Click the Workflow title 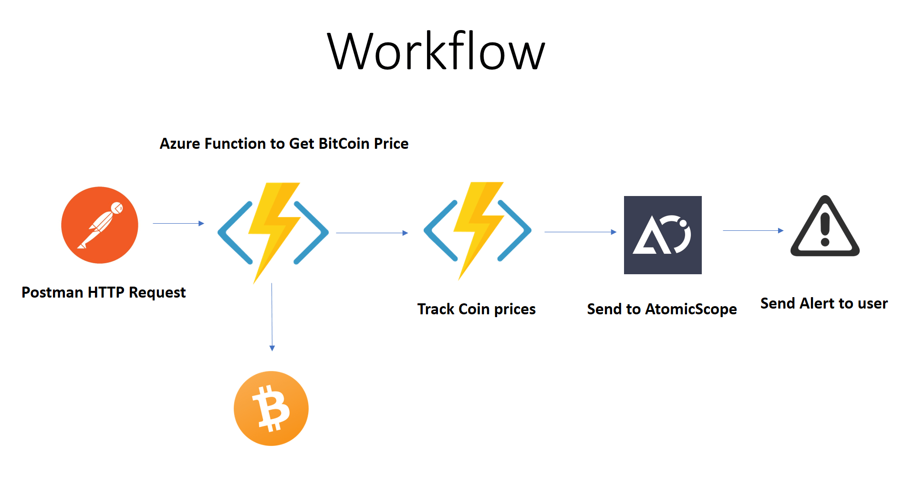(436, 51)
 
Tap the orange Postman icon (100, 225)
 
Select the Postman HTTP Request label (104, 292)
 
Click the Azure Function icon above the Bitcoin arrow (273, 232)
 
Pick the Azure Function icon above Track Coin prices (478, 230)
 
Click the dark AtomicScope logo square (663, 235)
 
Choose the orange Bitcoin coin (271, 408)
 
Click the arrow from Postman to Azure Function (178, 223)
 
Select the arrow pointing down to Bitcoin (272, 317)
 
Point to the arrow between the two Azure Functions (372, 233)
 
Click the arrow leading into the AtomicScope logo (580, 232)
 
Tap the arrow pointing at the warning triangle (753, 230)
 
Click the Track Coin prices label (476, 309)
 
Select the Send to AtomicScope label (662, 309)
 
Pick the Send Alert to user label (824, 303)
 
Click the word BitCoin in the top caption (344, 144)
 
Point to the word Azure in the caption (180, 144)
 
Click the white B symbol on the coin (271, 408)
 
